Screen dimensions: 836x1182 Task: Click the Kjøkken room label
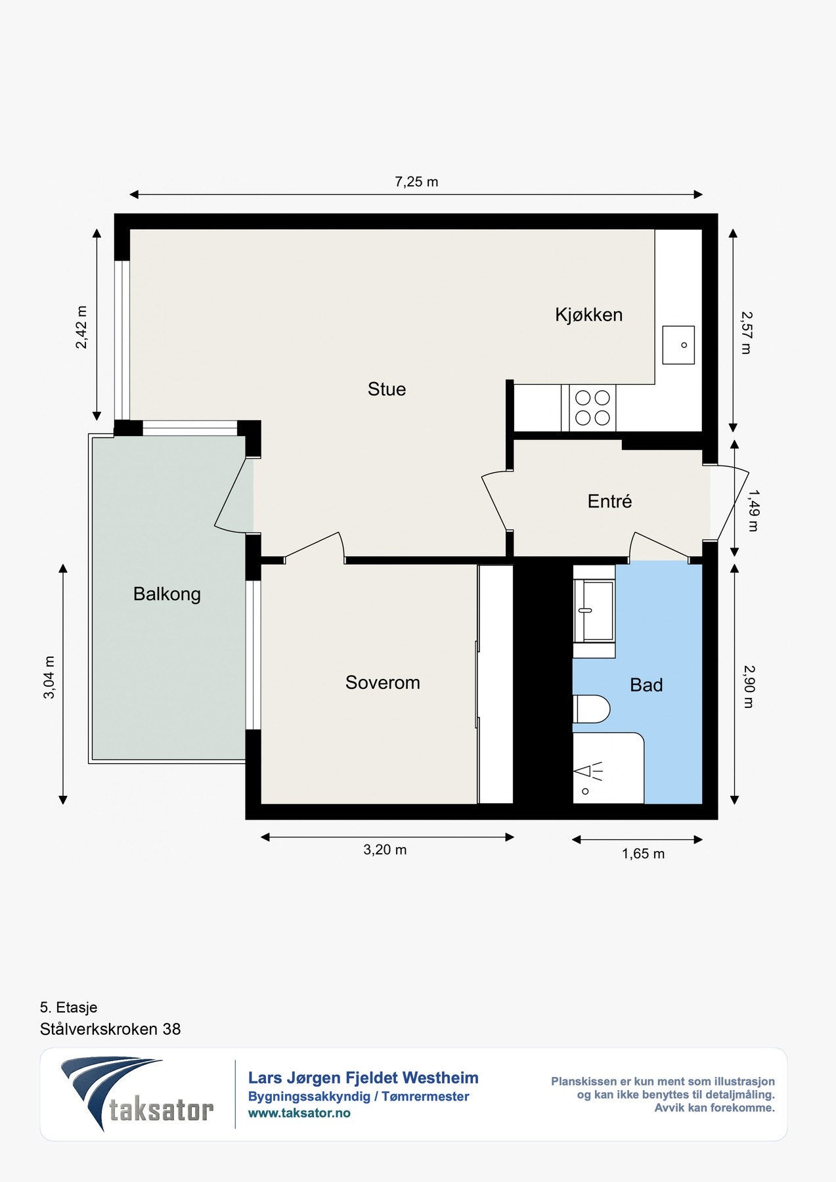pos(588,315)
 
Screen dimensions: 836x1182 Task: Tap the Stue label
pos(387,389)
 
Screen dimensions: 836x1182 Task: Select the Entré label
pos(609,502)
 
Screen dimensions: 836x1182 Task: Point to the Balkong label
pos(167,594)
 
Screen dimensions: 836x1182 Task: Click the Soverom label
pos(383,683)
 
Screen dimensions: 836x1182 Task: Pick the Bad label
pos(646,686)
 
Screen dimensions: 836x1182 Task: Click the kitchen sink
pos(678,345)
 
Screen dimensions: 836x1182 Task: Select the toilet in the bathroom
pos(592,709)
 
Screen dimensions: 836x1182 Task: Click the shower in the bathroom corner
pos(608,768)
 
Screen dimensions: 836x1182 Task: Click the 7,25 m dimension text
pos(416,182)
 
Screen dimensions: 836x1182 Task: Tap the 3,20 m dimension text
pos(385,850)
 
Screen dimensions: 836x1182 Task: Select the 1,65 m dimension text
pos(643,854)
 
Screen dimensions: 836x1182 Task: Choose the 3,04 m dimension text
pos(49,677)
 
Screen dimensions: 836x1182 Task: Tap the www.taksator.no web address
pos(299,1113)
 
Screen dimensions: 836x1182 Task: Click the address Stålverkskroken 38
pos(110,1029)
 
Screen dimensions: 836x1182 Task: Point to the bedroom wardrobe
pos(495,684)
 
